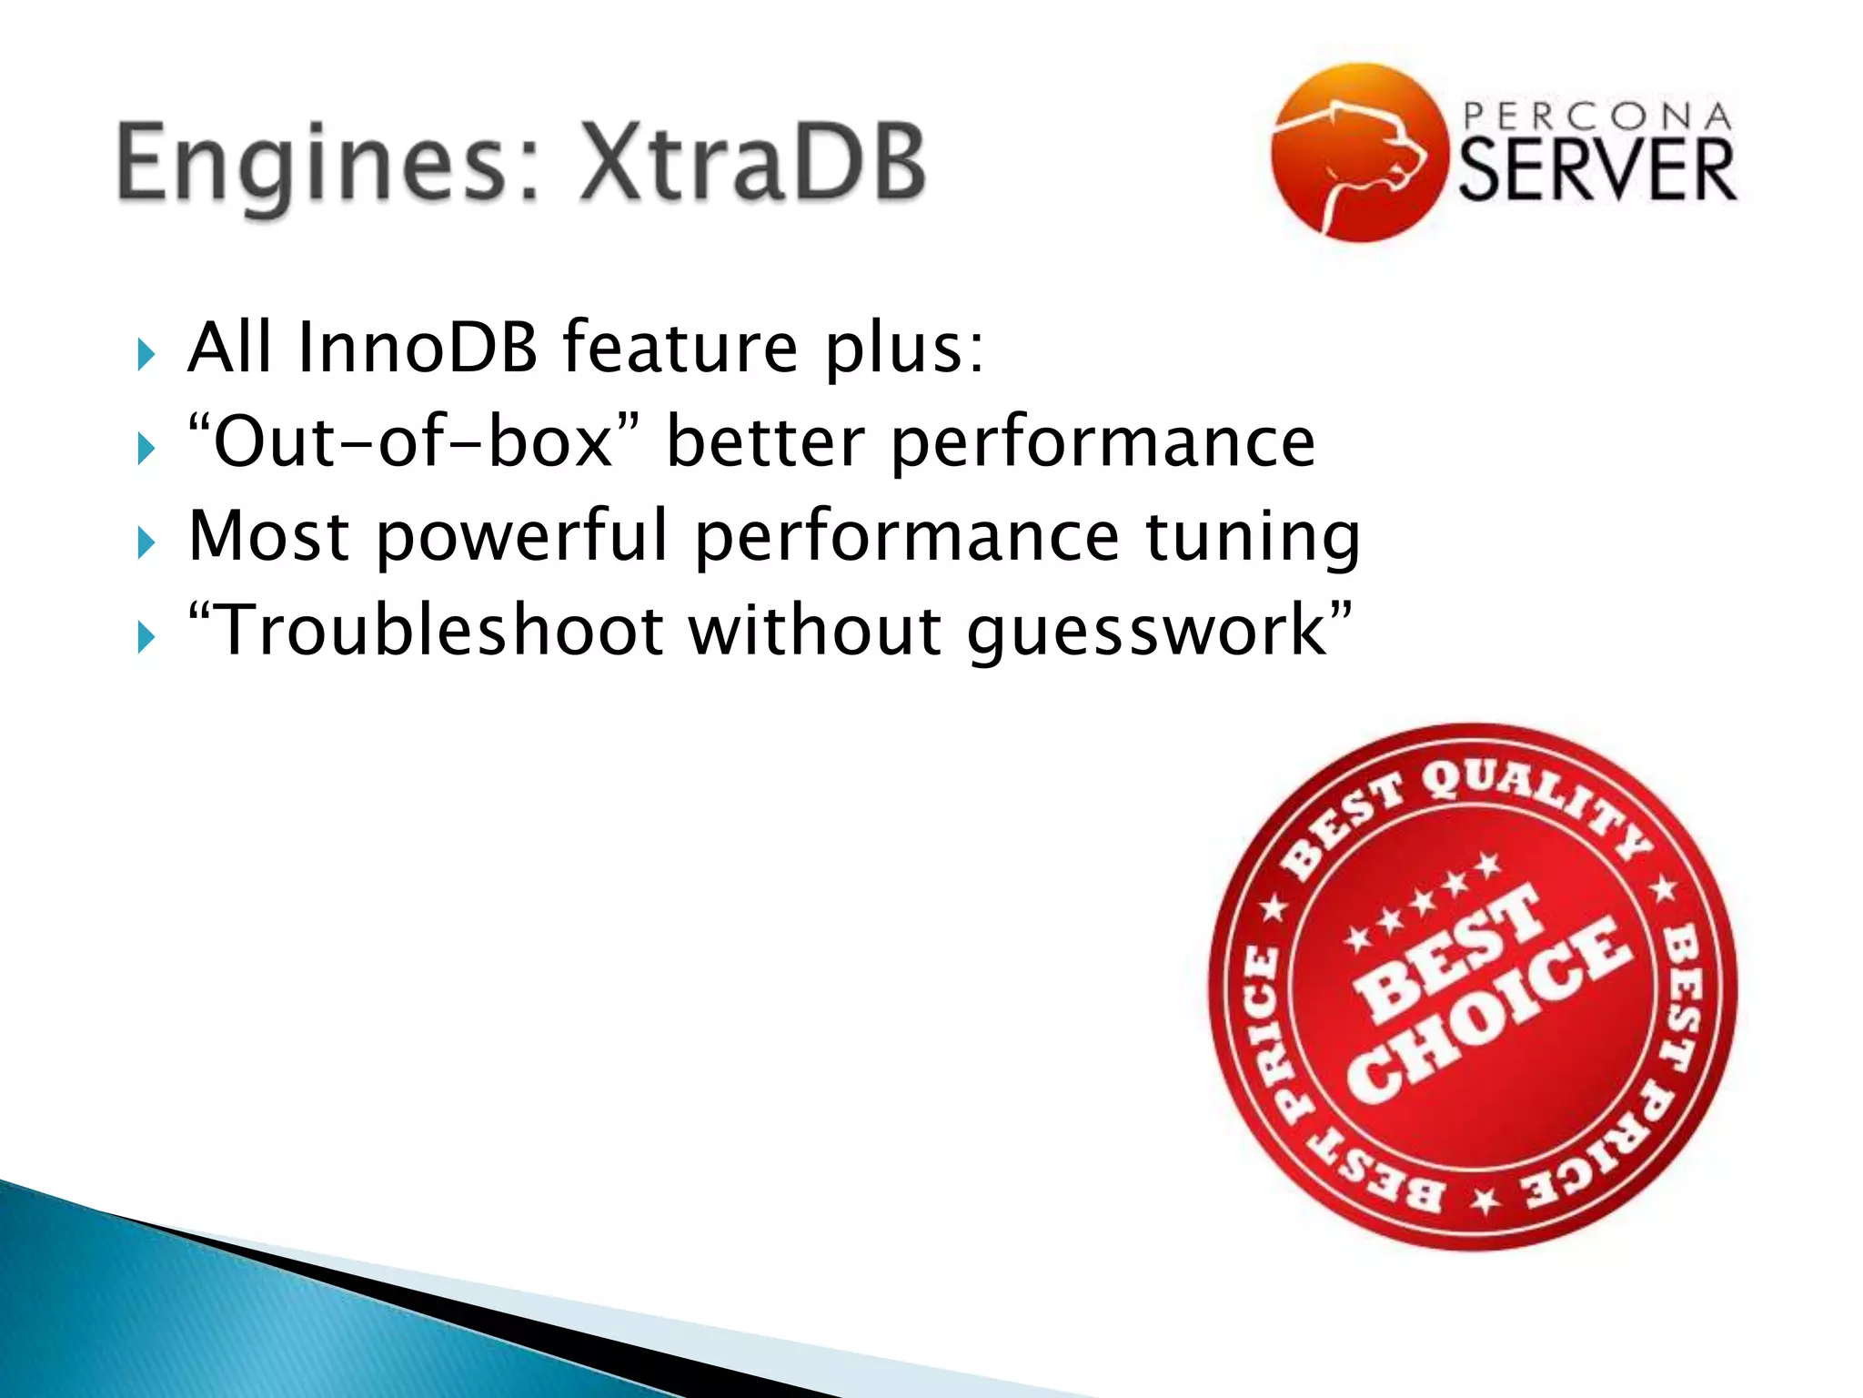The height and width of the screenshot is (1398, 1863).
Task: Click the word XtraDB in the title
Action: tap(753, 164)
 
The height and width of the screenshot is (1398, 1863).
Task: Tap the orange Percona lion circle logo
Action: tap(1359, 152)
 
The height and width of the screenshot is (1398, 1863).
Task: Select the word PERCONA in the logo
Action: tap(1597, 116)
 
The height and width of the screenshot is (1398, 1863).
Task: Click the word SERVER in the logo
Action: tap(1597, 170)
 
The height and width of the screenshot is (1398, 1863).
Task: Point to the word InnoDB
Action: tap(418, 348)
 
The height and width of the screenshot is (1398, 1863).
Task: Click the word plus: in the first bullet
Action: tap(904, 349)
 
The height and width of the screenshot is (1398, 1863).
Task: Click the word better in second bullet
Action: tap(765, 442)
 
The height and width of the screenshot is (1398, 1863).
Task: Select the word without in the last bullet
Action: tap(814, 630)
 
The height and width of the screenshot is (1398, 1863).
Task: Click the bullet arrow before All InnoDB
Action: tap(146, 353)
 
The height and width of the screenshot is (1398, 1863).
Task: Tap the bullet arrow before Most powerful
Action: tap(146, 543)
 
